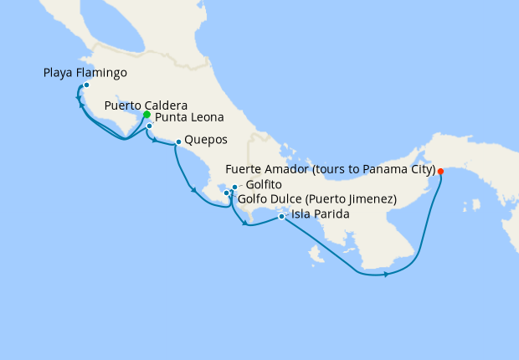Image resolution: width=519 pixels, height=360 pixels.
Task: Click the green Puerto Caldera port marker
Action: point(146,115)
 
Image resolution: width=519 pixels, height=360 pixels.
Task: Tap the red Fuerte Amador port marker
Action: point(440,172)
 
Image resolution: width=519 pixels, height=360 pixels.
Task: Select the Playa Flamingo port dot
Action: point(86,85)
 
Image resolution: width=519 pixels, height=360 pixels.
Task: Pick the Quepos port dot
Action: point(178,141)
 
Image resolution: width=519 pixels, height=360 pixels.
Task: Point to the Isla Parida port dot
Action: point(281,217)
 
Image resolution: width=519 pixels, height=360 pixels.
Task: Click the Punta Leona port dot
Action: point(149,126)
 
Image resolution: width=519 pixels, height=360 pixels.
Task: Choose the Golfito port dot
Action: point(235,187)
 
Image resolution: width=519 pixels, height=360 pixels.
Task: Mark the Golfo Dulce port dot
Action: point(226,193)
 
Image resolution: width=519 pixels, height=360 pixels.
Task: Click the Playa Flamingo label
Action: point(85,73)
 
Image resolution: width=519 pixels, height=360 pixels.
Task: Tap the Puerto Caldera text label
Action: point(146,105)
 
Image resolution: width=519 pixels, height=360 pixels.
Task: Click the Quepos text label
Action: point(206,140)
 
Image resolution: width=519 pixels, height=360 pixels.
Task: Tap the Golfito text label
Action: point(264,184)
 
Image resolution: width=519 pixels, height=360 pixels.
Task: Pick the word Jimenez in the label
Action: point(369,199)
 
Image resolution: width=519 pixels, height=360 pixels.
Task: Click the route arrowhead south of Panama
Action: point(386,274)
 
